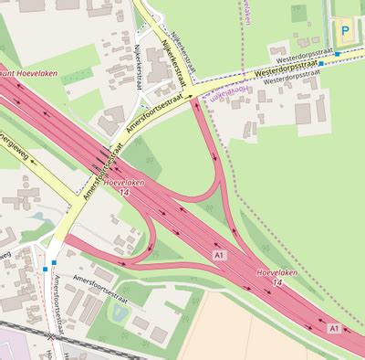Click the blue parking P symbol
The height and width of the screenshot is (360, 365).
click(x=346, y=30)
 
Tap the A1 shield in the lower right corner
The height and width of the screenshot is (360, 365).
click(x=335, y=327)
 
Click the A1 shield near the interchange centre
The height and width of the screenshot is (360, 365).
click(x=218, y=253)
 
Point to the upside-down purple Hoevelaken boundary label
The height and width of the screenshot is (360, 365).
click(x=230, y=92)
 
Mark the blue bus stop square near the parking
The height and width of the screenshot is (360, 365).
click(x=338, y=55)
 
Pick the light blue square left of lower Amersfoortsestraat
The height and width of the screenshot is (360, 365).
click(x=45, y=270)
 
